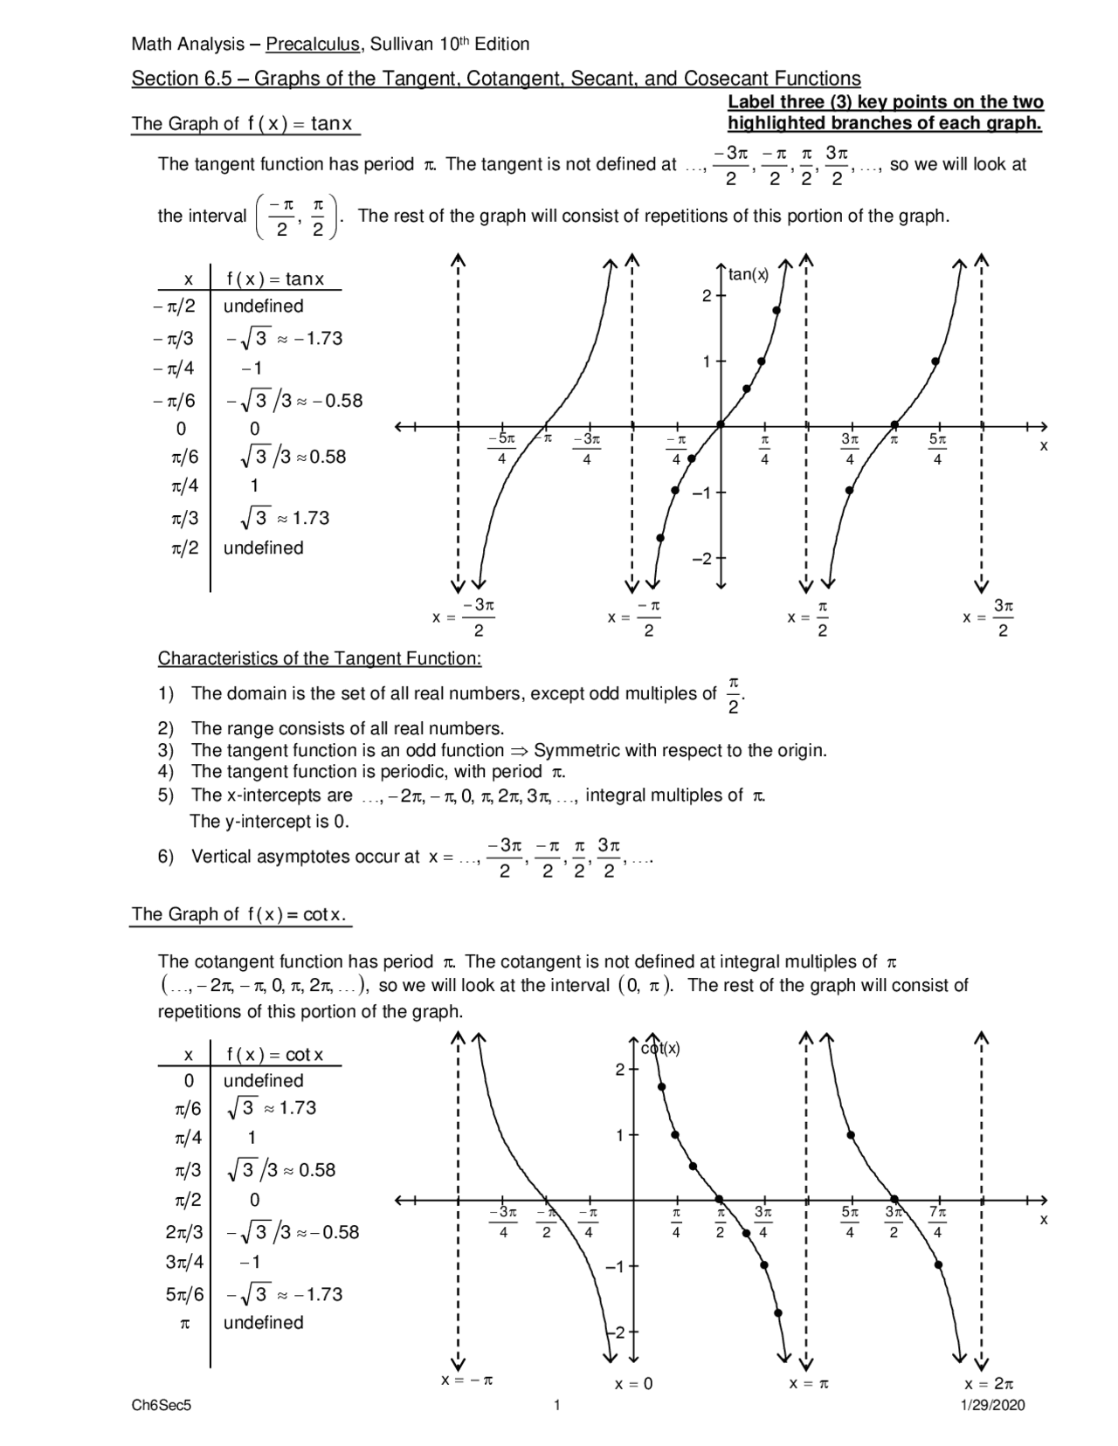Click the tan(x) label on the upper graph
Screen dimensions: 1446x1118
pos(749,275)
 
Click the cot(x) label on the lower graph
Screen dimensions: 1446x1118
pos(660,1049)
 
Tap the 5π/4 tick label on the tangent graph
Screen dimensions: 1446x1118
pos(937,448)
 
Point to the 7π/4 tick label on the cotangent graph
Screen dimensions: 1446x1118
pos(937,1222)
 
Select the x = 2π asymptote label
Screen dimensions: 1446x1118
pos(989,1383)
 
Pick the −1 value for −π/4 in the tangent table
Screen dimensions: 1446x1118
pos(252,368)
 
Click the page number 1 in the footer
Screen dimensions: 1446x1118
pos(556,1405)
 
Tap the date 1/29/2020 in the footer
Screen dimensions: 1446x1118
pos(992,1405)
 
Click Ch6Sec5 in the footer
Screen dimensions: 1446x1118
pos(161,1405)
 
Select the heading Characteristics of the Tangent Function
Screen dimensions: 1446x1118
pos(320,658)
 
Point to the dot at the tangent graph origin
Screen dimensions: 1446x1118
pos(721,425)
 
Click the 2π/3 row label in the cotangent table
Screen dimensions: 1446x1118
pos(183,1231)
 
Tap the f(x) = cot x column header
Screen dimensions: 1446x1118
pos(275,1054)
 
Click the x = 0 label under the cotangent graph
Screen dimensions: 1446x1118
pos(633,1383)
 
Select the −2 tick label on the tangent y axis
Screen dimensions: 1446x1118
pos(702,558)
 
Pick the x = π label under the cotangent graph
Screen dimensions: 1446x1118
pos(809,1383)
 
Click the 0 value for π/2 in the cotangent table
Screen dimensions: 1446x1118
pos(254,1200)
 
